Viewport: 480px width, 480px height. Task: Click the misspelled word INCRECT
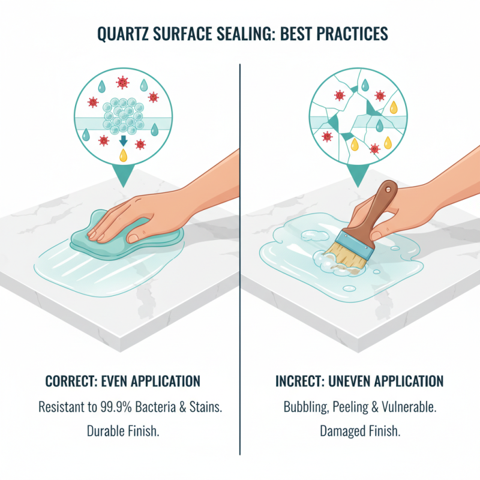(302, 382)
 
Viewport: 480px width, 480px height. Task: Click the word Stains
(205, 407)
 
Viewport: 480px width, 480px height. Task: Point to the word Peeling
(358, 407)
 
